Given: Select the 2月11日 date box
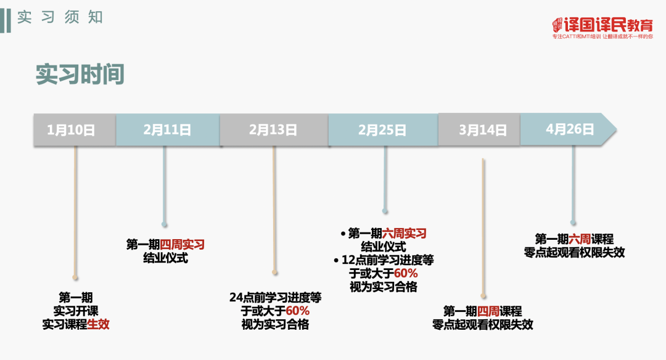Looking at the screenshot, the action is coord(167,130).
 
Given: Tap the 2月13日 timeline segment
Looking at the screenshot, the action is coord(273,130).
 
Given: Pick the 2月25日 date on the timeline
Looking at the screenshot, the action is coord(382,130).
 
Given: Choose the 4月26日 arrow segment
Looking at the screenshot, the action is coord(569,129).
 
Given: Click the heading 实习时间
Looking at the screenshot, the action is coord(80,74).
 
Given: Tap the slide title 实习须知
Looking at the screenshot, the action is coord(60,17).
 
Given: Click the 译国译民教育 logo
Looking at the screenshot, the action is coord(602,25).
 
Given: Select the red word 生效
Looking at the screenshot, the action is coord(99,324).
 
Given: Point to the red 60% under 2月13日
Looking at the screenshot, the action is coord(298,311).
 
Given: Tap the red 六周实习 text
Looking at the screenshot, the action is coord(405,234).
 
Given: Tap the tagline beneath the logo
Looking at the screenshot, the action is coord(602,37).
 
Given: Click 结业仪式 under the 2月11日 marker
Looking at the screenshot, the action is coord(165,258).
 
